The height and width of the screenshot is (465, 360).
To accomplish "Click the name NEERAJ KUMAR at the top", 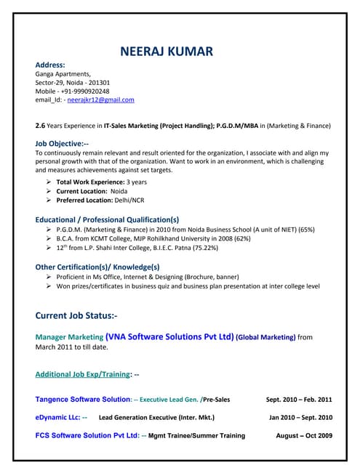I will tap(167, 52).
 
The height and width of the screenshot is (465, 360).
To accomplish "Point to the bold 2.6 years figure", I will tap(40, 126).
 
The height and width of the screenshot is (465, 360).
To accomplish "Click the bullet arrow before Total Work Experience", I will tap(48, 182).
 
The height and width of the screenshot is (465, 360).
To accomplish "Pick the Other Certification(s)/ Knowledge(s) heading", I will tap(97, 267).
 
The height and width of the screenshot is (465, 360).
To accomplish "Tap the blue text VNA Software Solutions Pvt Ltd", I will tap(169, 336).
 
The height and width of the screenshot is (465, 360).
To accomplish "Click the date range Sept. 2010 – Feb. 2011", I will tap(299, 400).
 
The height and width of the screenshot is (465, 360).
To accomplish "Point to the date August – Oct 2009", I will tap(304, 436).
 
